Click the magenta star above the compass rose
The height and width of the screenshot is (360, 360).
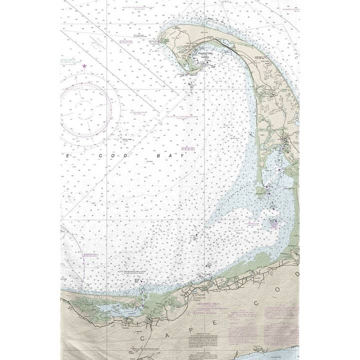84,66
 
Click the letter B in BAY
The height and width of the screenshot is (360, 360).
160,155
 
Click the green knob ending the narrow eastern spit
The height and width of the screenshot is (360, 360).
260,190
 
